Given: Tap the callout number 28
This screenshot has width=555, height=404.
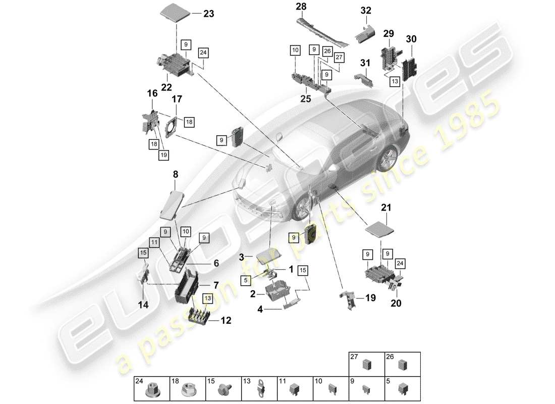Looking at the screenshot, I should (301, 7).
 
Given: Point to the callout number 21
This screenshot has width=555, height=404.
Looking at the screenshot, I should (386, 207).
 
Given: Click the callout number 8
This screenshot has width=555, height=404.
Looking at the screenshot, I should (176, 174).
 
